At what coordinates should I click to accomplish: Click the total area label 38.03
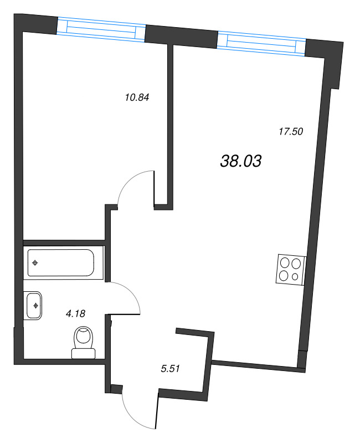pyautogui.click(x=240, y=161)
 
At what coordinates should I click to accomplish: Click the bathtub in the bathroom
pyautogui.click(x=61, y=263)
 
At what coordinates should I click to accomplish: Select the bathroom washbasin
pyautogui.click(x=34, y=305)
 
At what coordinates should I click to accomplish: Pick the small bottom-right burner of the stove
pyautogui.click(x=296, y=276)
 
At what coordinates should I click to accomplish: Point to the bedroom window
pyautogui.click(x=101, y=28)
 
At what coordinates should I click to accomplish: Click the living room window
pyautogui.click(x=261, y=43)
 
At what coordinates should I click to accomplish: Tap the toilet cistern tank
pyautogui.click(x=84, y=352)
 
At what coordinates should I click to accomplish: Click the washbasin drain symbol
pyautogui.click(x=37, y=305)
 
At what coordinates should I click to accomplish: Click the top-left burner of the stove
pyautogui.click(x=284, y=263)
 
